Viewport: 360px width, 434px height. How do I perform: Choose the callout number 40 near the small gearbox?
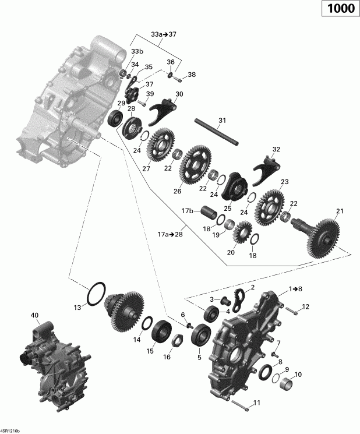point(34,316)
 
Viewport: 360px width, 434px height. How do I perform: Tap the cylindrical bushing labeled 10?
point(287,384)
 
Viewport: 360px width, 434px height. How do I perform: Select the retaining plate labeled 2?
point(240,298)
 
